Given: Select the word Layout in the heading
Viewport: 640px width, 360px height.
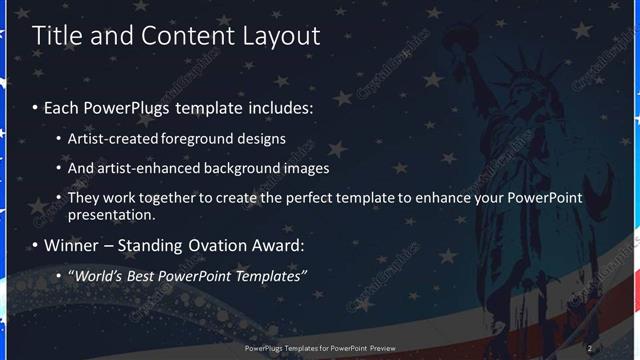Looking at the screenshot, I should pos(282,36).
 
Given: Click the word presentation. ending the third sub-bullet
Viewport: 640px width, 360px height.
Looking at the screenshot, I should pos(112,214).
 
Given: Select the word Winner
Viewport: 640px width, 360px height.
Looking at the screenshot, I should pos(72,245).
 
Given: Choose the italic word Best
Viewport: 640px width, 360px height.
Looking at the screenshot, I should pos(145,275).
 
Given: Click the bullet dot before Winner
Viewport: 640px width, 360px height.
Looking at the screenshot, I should pos(36,246).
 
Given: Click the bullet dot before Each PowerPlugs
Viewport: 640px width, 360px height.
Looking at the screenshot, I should pos(36,107).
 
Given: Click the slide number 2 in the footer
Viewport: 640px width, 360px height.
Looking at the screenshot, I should pos(590,348).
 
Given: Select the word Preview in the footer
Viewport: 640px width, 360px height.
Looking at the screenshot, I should pos(378,348).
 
